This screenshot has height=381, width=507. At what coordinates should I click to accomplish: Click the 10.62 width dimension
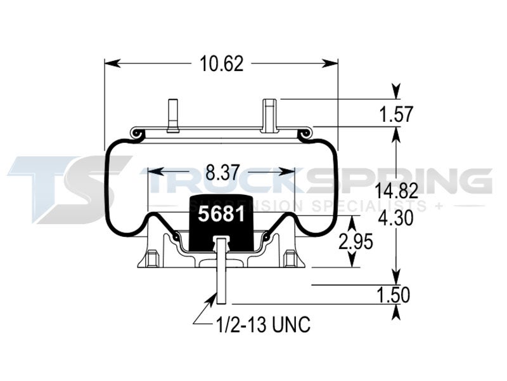(x=221, y=63)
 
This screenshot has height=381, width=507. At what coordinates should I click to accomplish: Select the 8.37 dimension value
(x=221, y=171)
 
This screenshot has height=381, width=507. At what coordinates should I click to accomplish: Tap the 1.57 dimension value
(x=395, y=114)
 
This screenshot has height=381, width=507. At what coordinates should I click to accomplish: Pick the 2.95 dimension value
(x=354, y=242)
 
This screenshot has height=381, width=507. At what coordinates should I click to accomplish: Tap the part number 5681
(x=221, y=214)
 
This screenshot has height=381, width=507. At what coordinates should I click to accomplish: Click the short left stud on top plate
(x=171, y=115)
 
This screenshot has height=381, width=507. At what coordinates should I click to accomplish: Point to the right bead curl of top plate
(x=305, y=133)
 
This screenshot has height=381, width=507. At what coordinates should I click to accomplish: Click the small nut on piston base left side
(x=151, y=258)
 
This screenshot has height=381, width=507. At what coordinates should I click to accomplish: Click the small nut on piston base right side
(x=290, y=258)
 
